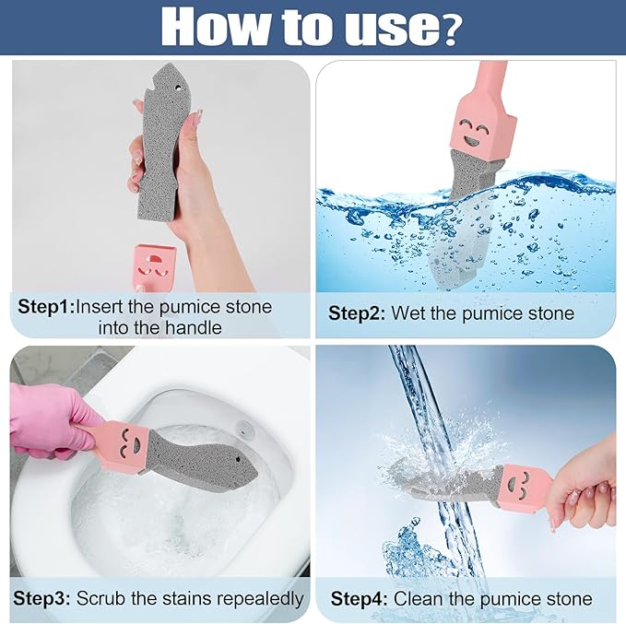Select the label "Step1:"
(x=45, y=306)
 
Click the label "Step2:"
(x=357, y=313)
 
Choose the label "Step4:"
(x=360, y=598)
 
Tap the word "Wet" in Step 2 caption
(x=409, y=313)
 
